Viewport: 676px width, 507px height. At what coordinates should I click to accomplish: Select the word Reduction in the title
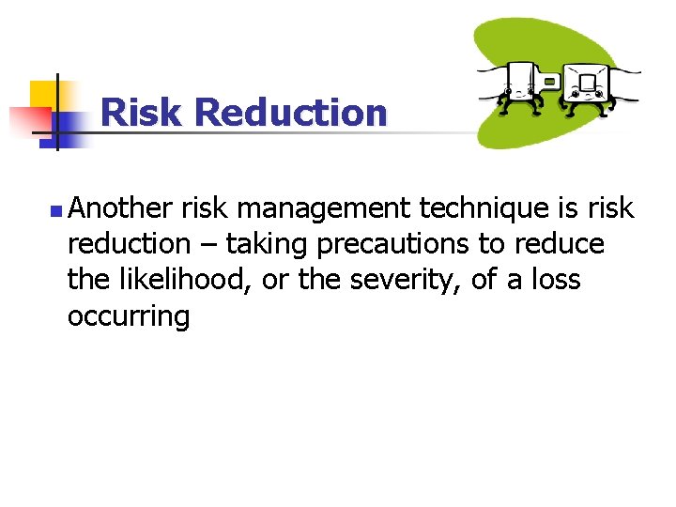click(291, 114)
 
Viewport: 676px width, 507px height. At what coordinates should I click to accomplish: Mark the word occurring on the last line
click(129, 316)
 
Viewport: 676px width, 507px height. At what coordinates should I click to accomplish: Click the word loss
click(558, 280)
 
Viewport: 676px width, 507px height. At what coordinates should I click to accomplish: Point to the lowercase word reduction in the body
click(129, 245)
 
